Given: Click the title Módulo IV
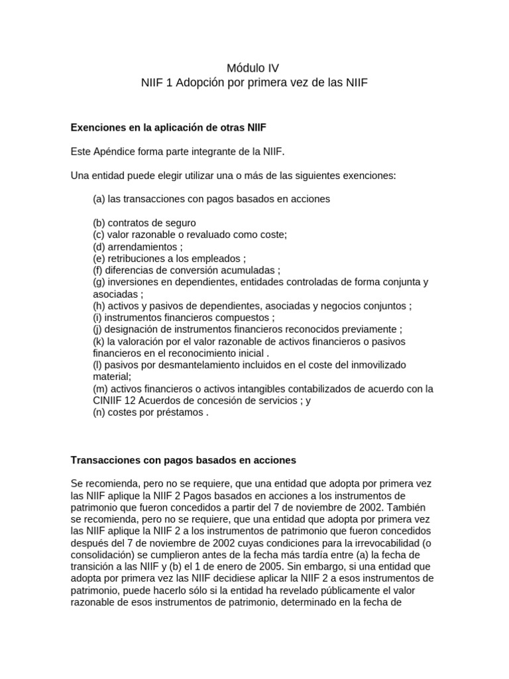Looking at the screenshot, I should tap(253, 68).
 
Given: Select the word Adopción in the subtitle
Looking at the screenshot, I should tap(200, 84).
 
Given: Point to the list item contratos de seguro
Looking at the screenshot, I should tap(144, 223).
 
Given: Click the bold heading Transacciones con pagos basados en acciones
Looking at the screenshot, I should tap(183, 460).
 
